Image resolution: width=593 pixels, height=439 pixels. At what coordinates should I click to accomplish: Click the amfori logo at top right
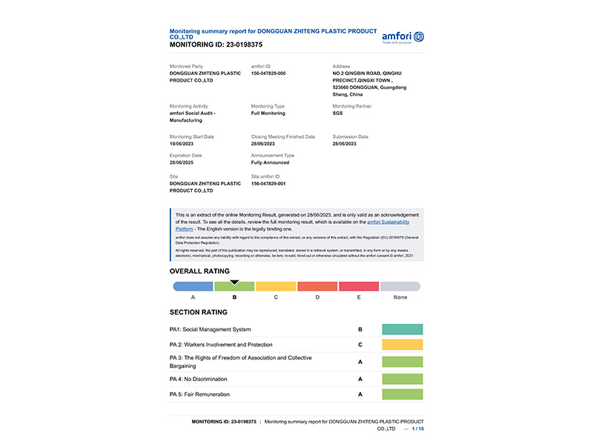pos(402,37)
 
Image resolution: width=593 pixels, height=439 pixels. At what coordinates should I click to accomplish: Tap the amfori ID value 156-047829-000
pos(268,73)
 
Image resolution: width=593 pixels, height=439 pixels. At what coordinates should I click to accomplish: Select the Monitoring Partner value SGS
pos(338,113)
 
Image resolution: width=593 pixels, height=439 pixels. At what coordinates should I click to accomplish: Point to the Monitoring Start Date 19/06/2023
pos(185,144)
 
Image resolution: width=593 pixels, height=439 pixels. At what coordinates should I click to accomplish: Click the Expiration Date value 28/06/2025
pos(185,162)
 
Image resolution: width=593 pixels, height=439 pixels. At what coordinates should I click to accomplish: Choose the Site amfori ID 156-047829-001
pos(268,183)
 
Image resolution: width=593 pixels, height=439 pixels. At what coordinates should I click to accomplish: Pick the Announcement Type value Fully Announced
pos(271,162)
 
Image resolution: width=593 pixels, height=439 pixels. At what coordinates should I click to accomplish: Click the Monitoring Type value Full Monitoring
pos(268,113)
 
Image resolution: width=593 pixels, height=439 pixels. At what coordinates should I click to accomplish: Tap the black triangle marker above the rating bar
pos(234,282)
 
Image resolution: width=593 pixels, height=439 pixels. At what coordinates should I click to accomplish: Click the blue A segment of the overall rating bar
pos(193,286)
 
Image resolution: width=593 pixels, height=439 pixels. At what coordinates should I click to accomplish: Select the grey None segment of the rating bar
pos(400,286)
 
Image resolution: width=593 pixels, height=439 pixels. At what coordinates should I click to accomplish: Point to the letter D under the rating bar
pos(317,297)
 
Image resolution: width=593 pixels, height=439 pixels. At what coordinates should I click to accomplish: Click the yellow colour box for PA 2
pos(402,345)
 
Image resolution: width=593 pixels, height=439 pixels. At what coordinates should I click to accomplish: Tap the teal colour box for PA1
pos(402,329)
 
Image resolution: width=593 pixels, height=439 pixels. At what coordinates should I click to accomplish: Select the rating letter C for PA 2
pos(360,345)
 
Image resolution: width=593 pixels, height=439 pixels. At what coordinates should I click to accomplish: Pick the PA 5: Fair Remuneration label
pos(200,394)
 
